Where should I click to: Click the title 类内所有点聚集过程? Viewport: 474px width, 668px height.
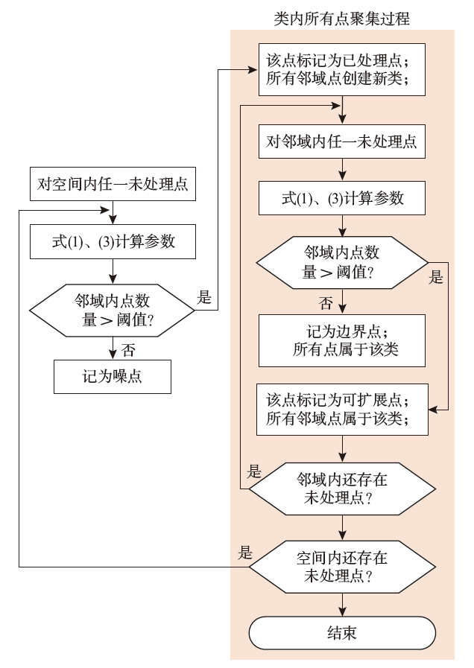click(x=342, y=18)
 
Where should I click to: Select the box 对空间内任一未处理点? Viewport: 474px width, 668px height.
click(x=113, y=185)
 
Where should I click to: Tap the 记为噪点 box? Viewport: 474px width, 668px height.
click(x=113, y=377)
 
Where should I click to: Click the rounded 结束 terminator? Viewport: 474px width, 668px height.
click(x=342, y=633)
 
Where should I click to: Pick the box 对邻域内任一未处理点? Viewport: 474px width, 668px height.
click(x=342, y=141)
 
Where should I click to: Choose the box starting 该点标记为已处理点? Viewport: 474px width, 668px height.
click(x=342, y=71)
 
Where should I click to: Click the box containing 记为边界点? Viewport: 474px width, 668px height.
click(x=342, y=340)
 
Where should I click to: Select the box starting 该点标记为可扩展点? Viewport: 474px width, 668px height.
click(x=342, y=410)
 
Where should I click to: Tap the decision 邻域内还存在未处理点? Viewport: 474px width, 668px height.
click(x=342, y=489)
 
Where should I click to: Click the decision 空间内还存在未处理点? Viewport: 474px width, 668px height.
click(x=342, y=567)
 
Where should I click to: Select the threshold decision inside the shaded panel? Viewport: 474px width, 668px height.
click(x=342, y=263)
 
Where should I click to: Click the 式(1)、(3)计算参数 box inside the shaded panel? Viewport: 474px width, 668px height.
click(x=342, y=199)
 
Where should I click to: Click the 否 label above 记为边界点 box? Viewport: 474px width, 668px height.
click(x=326, y=302)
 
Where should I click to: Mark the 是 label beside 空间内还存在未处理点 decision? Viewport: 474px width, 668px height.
click(x=245, y=553)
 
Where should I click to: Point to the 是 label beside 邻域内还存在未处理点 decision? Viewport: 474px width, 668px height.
click(x=254, y=471)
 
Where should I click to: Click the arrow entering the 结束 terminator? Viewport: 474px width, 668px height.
click(x=342, y=605)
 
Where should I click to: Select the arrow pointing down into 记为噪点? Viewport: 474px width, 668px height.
click(x=113, y=349)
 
